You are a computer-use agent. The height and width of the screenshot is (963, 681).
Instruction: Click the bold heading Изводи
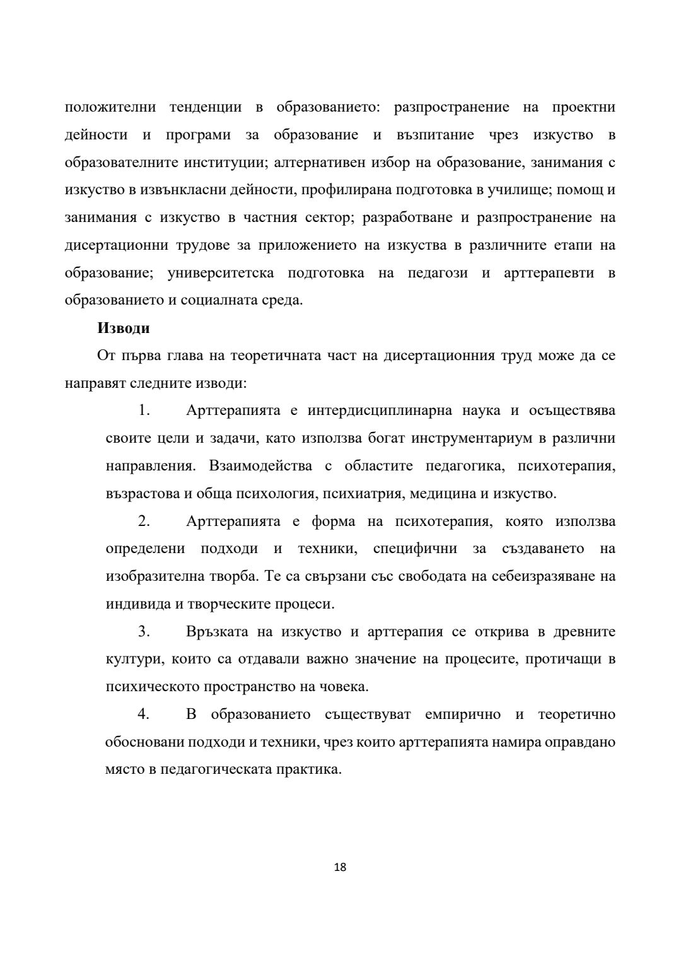123,329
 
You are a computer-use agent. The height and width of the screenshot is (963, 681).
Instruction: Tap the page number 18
340,867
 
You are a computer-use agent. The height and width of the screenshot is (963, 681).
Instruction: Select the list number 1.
144,411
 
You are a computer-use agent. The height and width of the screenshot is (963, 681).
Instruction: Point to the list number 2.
144,522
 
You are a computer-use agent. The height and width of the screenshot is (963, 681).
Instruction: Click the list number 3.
144,632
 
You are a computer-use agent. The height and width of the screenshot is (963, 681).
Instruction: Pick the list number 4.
144,715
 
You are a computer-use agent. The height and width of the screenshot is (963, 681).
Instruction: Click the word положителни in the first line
110,107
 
